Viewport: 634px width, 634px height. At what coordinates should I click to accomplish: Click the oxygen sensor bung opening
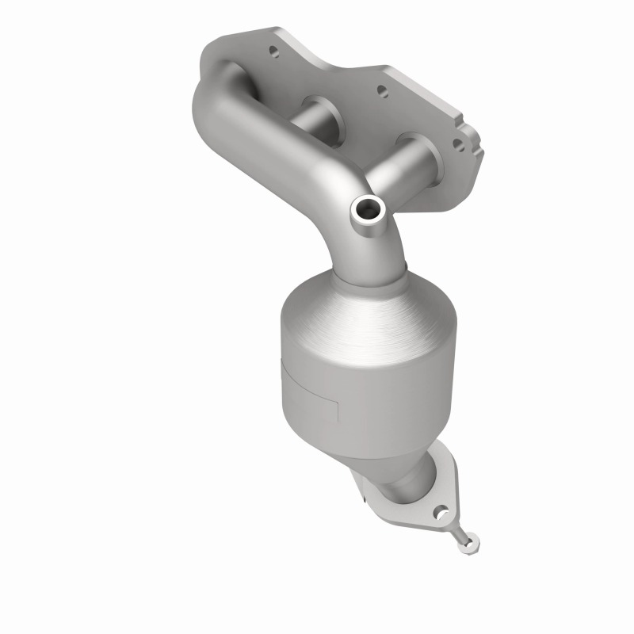(x=369, y=209)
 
